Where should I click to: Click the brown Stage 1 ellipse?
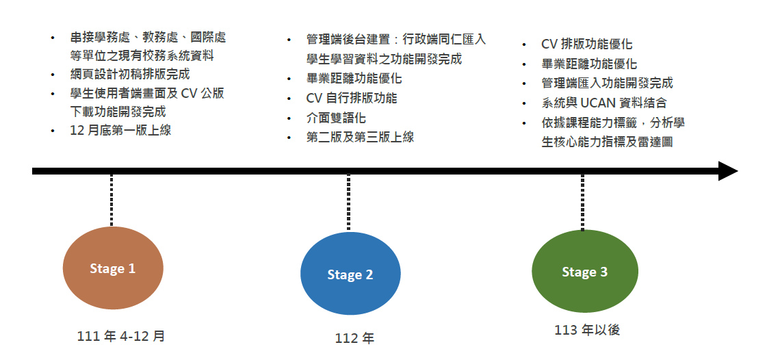point(113,268)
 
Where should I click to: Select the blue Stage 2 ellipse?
point(350,274)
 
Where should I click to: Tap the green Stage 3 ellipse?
point(585,272)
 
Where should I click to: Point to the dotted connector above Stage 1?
point(112,200)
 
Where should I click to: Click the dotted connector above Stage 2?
point(348,202)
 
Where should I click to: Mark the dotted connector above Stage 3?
point(582,201)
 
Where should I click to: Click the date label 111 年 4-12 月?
point(121,336)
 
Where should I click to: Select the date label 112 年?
point(354,338)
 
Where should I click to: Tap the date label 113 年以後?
point(587,330)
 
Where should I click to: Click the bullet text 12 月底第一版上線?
point(120,130)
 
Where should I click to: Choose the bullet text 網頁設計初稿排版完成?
point(129,75)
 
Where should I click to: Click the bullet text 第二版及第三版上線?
point(360,137)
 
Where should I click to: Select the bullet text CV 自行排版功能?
point(352,98)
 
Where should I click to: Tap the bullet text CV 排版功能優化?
point(586,44)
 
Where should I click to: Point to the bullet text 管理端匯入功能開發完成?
point(607,83)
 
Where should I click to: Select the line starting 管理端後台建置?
point(396,40)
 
